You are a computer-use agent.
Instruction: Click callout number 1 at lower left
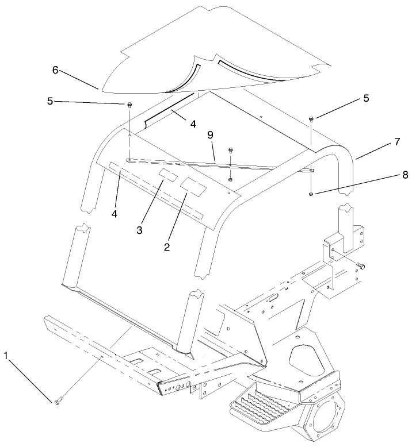6,356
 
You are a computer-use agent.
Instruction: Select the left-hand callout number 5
50,101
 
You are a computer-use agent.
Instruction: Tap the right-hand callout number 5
349,98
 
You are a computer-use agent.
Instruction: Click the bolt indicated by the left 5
129,105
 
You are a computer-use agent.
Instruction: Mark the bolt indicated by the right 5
311,118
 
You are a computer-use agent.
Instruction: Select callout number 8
389,175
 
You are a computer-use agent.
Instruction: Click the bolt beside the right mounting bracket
361,265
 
